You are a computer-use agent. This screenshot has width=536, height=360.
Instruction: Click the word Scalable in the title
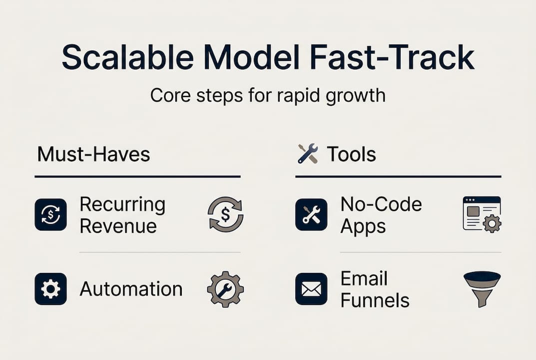coord(128,56)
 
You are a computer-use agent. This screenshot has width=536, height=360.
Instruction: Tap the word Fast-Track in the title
coord(392,56)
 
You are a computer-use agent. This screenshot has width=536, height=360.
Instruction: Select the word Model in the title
coord(252,56)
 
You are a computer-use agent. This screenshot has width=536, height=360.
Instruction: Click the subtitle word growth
coord(356,96)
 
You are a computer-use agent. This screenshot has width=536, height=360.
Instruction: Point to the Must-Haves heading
coord(94,154)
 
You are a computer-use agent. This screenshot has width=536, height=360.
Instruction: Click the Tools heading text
coord(351,154)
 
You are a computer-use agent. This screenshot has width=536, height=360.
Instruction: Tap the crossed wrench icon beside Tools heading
coord(308,153)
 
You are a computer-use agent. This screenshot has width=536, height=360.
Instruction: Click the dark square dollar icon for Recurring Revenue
coord(50,214)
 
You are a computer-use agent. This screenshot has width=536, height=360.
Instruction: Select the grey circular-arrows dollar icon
coord(226,214)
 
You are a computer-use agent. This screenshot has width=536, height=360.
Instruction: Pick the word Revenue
coord(118,226)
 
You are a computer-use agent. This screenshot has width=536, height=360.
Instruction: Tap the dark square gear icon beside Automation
coord(50,289)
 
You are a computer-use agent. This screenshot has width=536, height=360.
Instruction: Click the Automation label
coord(131,289)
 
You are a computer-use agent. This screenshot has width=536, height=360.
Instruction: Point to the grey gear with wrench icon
coord(226,289)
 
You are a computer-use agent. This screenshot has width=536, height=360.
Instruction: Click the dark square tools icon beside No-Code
coord(311,214)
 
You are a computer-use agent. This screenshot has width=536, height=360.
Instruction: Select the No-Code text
coord(381,204)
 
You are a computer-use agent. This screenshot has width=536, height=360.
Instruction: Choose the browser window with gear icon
coord(482,214)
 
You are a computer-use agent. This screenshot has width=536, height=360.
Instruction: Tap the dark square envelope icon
coord(311,289)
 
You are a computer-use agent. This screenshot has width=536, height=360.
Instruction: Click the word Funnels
coord(375,300)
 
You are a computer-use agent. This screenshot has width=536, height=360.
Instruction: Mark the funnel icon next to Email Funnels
coord(482,289)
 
